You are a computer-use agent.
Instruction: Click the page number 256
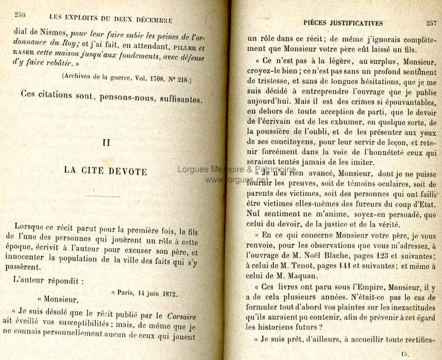(20, 15)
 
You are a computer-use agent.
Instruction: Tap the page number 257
(431, 23)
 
